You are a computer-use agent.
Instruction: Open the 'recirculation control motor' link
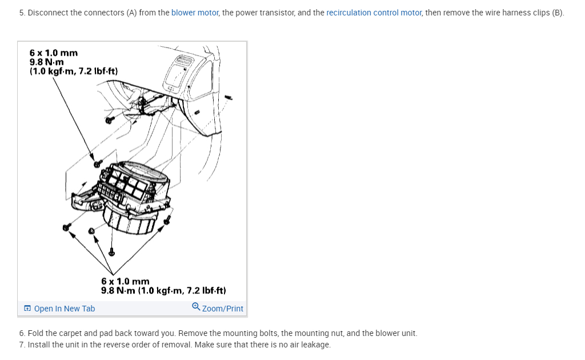click(374, 13)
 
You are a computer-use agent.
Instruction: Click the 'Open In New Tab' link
click(65, 309)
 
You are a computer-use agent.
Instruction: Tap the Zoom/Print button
click(223, 309)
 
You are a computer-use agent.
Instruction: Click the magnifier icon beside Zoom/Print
click(196, 307)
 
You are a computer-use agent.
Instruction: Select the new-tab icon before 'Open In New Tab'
click(27, 309)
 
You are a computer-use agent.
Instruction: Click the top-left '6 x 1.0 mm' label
click(54, 53)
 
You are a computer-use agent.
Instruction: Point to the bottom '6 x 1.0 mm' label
click(125, 281)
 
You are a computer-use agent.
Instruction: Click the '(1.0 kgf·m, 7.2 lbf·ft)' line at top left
click(74, 71)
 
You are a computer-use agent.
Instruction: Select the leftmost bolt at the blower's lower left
click(66, 227)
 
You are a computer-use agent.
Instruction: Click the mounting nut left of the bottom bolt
click(91, 231)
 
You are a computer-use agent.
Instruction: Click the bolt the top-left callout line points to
click(98, 163)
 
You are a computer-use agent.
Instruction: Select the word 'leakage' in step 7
click(315, 345)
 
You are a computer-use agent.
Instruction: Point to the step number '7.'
click(22, 345)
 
